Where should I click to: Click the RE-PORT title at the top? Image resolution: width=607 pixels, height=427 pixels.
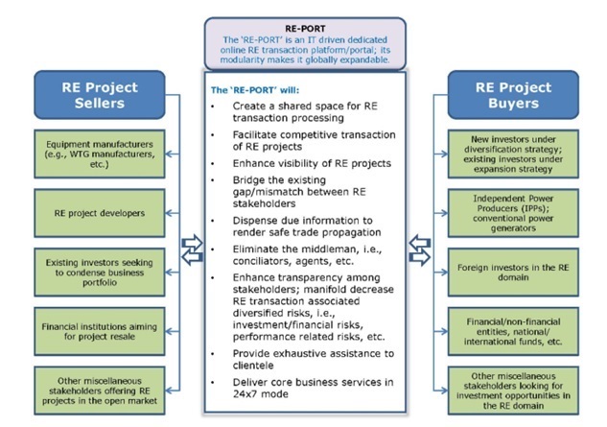(305, 29)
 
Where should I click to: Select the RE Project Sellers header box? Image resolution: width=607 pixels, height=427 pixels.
(100, 95)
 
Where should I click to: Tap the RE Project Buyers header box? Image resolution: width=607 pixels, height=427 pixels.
(513, 95)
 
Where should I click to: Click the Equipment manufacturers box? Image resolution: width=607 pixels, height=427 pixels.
(100, 154)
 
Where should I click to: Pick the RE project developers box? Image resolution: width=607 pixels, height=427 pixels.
(100, 213)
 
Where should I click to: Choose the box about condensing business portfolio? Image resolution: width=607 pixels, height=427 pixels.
(100, 273)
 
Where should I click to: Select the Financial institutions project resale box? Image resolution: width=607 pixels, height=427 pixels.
(100, 332)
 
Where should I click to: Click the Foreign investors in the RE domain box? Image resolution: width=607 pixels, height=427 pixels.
(513, 273)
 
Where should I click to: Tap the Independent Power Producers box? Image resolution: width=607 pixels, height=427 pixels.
(513, 213)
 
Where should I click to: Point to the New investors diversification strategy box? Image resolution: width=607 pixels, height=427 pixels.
(513, 154)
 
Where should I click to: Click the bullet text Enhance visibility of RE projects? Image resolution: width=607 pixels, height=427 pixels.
(312, 163)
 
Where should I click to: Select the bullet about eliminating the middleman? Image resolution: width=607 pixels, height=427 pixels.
(307, 255)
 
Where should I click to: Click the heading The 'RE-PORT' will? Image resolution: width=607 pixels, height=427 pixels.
(255, 90)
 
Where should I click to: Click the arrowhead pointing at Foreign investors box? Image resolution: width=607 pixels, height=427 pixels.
(444, 273)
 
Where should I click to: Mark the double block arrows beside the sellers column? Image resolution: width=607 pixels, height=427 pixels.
(192, 249)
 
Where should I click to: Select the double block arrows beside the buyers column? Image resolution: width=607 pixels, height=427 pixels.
(420, 249)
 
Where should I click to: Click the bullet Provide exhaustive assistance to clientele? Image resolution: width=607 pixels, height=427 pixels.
(314, 359)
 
